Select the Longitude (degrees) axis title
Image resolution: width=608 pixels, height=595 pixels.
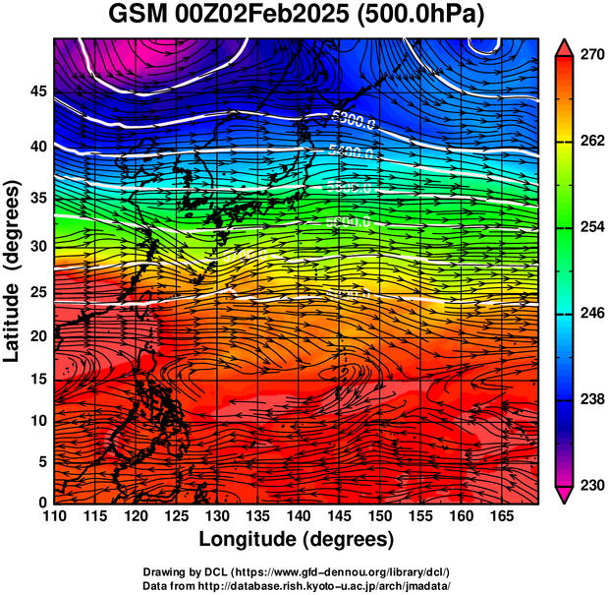(x=297, y=539)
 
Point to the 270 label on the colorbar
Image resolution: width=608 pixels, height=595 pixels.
(x=591, y=57)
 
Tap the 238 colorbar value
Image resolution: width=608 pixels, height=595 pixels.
(x=591, y=399)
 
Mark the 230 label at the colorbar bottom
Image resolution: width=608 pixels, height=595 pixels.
(x=591, y=485)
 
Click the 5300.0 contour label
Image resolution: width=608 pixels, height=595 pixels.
(x=353, y=121)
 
